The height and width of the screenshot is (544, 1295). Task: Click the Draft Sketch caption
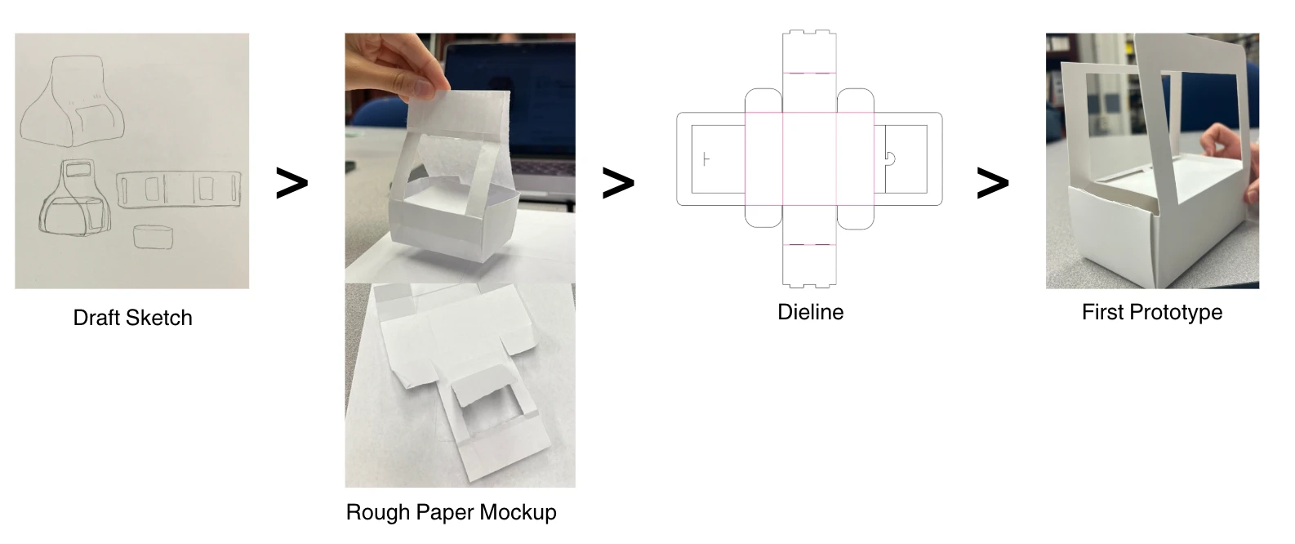132,318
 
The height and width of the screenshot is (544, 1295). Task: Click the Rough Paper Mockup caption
451,512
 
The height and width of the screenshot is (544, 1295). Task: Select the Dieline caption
810,312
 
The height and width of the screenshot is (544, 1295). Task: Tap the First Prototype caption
1151,312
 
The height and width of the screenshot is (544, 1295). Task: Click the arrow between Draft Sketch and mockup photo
291,184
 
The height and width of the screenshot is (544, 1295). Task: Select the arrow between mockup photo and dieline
618,184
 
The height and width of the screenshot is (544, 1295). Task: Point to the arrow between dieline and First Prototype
993,184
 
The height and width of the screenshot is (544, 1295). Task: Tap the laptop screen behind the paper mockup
523,82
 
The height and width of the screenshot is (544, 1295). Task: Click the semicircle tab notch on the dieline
891,158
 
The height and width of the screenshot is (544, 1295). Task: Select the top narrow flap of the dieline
809,51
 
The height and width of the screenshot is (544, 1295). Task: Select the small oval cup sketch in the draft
153,236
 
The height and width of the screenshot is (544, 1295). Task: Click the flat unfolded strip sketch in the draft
179,189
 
